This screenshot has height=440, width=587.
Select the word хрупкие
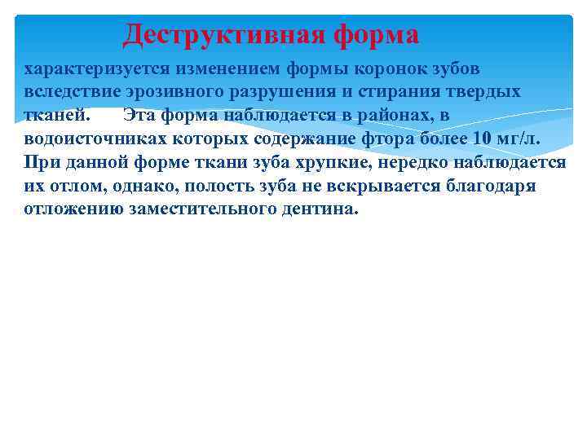point(345,161)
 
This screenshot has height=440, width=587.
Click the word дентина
point(318,209)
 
